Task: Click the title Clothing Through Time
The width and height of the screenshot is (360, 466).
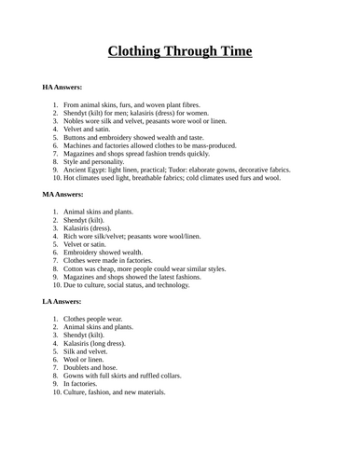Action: coord(180,50)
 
